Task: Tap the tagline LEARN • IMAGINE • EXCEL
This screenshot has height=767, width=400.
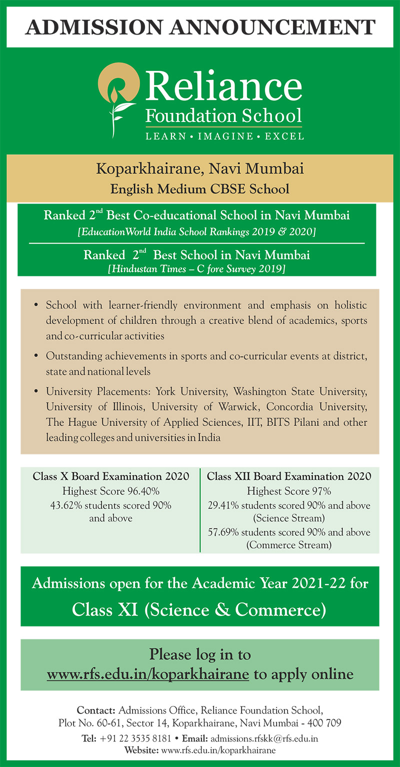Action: tap(224, 136)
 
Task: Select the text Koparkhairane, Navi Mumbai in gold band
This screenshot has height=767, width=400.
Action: tap(199, 169)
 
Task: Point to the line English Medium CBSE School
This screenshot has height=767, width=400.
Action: tap(199, 189)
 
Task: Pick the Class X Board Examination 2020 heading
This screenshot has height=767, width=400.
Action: tap(110, 476)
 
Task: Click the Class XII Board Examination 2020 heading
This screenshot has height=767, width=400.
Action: tap(289, 476)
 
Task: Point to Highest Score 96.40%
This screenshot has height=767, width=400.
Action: tap(110, 491)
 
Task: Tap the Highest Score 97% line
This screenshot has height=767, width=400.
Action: tap(289, 491)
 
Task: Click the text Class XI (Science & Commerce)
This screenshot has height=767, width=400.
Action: tap(199, 609)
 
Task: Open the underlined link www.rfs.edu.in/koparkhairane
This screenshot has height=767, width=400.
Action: tap(148, 674)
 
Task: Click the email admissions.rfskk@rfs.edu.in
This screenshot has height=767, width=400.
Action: tap(264, 738)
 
